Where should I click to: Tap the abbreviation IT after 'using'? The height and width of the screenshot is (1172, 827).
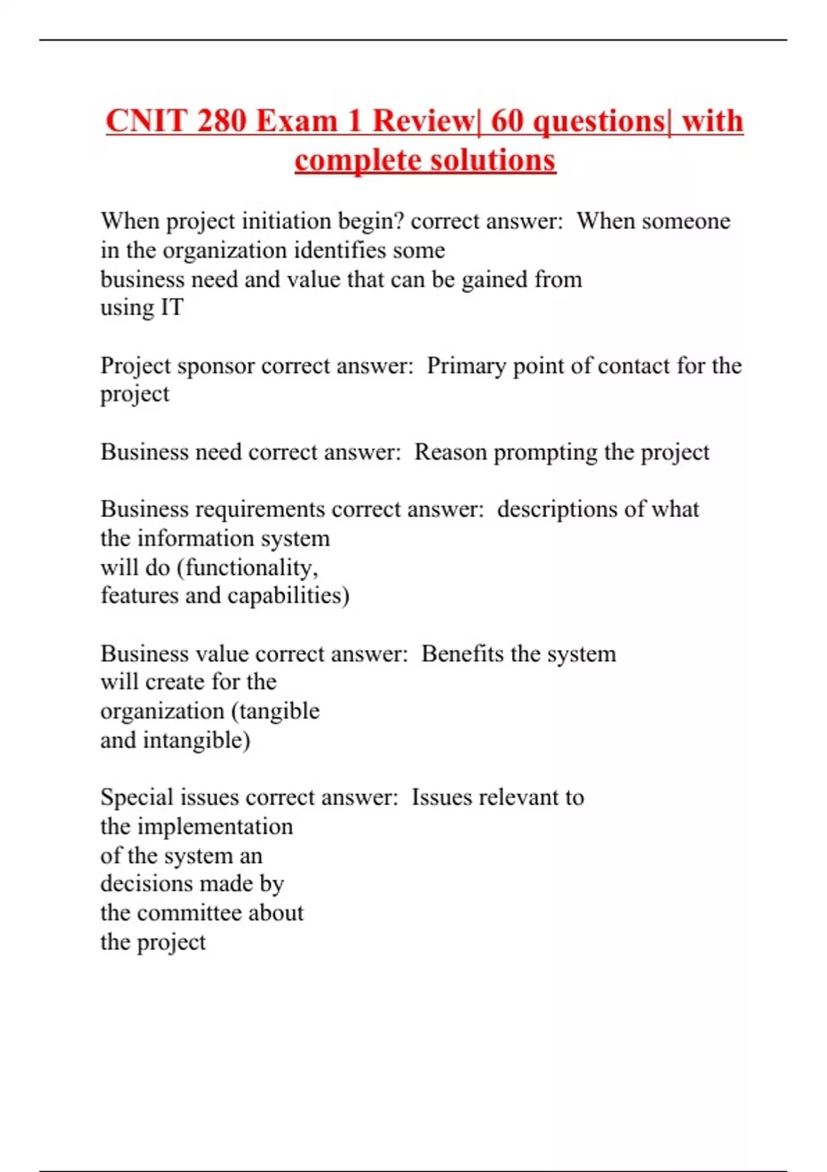(x=172, y=307)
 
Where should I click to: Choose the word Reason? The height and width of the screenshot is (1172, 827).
(x=450, y=452)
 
